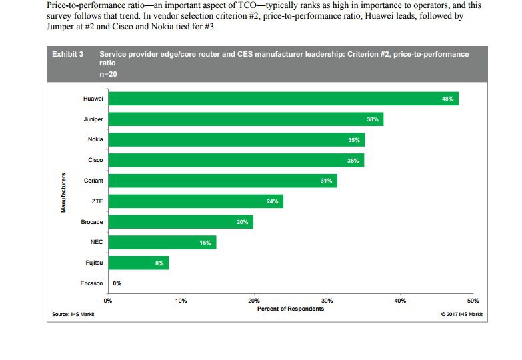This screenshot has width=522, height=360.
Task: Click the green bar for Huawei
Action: point(283,99)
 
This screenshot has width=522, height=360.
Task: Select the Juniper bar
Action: point(245,119)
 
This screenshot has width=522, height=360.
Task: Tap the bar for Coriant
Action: point(223,181)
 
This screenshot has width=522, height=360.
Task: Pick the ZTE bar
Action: point(195,201)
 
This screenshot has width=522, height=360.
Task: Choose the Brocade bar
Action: point(181,222)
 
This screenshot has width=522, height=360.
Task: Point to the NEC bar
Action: point(162,243)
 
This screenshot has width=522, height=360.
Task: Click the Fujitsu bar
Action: point(138,263)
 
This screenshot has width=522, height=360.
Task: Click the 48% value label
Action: point(447,99)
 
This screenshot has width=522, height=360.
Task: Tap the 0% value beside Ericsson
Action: point(117,283)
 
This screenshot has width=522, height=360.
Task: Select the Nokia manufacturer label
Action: point(95,139)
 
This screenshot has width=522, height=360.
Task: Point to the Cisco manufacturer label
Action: point(95,160)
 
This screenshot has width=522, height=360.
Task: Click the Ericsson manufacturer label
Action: point(91,283)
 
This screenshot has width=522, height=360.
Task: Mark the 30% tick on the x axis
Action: point(327,301)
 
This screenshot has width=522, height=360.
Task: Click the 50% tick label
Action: point(473,301)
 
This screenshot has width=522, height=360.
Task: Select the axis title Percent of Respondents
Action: point(290,308)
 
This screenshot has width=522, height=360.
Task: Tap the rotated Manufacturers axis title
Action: point(64,193)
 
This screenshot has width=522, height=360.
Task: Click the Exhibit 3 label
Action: point(67,54)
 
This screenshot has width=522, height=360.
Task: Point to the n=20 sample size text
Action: point(109,73)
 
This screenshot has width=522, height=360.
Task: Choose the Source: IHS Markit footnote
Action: point(73,314)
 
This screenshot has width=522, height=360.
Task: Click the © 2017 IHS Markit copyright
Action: point(461,314)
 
